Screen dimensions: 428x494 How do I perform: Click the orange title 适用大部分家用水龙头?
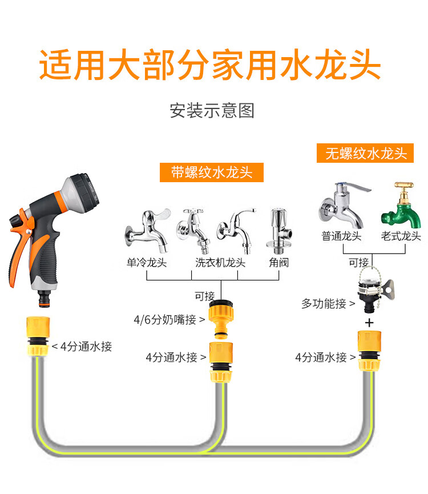pyautogui.click(x=210, y=65)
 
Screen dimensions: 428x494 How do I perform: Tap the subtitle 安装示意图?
pyautogui.click(x=212, y=111)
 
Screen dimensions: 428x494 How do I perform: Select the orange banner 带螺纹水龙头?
pyautogui.click(x=212, y=172)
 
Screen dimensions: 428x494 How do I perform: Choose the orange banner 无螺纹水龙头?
pyautogui.click(x=365, y=153)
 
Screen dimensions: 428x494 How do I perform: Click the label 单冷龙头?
pyautogui.click(x=147, y=262)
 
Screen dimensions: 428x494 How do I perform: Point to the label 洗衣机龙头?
pyautogui.click(x=220, y=262)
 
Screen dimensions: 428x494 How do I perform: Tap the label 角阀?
pyautogui.click(x=279, y=262)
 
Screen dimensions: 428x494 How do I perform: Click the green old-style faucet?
pyautogui.click(x=401, y=206)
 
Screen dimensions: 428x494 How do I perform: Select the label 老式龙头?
pyautogui.click(x=401, y=236)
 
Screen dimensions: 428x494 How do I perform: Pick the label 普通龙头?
pyautogui.click(x=341, y=236)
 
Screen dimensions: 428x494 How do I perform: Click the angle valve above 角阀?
pyautogui.click(x=279, y=231)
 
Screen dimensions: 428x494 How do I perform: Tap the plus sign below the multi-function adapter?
pyautogui.click(x=369, y=323)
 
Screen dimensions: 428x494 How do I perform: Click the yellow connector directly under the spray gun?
pyautogui.click(x=38, y=336)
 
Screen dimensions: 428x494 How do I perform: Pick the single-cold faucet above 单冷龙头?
pyautogui.click(x=148, y=231)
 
